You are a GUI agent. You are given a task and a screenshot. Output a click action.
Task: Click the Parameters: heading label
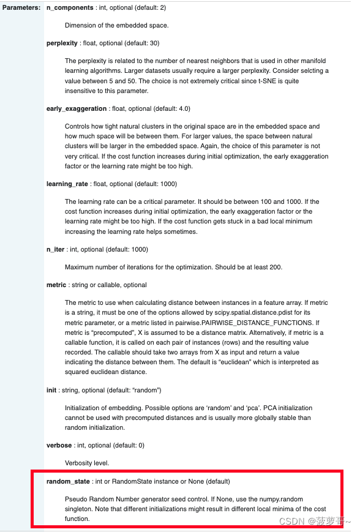click(22, 8)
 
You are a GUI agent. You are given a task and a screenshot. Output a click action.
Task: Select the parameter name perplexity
click(62, 43)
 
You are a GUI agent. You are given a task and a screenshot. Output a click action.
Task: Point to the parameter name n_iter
click(55, 250)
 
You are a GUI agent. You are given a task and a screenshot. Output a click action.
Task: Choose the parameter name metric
click(56, 285)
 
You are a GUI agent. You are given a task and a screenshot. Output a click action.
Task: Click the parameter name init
click(51, 390)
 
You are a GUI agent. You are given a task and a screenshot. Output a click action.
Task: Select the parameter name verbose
click(59, 445)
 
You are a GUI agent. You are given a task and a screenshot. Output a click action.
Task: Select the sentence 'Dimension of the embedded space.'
click(116, 26)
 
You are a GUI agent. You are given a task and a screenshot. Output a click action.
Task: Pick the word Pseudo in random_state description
click(77, 500)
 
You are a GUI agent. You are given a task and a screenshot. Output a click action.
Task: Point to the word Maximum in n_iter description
click(80, 268)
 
